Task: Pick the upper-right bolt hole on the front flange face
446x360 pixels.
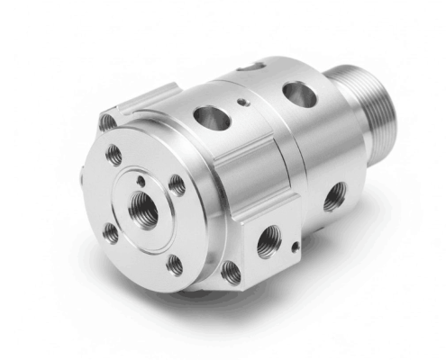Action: pyautogui.click(x=177, y=185)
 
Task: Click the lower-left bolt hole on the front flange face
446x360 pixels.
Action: pyautogui.click(x=111, y=232)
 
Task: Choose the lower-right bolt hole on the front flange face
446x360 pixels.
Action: pyautogui.click(x=175, y=264)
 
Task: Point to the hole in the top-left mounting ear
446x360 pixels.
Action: pyautogui.click(x=108, y=121)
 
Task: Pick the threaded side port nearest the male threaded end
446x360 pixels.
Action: pyautogui.click(x=333, y=195)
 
